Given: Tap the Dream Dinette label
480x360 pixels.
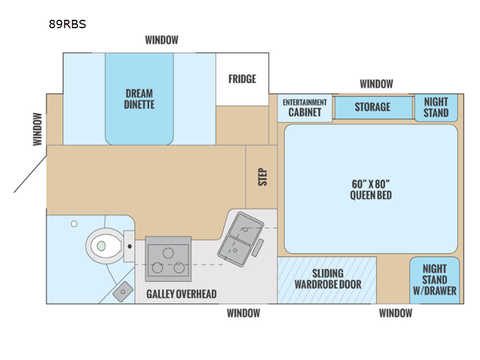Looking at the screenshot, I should pyautogui.click(x=140, y=99).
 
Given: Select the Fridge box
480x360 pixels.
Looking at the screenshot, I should pyautogui.click(x=242, y=79).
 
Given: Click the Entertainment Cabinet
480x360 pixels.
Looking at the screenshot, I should pyautogui.click(x=305, y=107).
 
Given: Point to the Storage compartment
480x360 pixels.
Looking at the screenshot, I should pyautogui.click(x=373, y=107).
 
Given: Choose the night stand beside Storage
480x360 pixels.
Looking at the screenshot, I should pyautogui.click(x=436, y=107).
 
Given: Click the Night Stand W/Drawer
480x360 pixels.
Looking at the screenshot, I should pyautogui.click(x=435, y=280).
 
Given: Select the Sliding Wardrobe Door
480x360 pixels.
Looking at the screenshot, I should pyautogui.click(x=328, y=279).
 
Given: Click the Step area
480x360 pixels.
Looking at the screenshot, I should pyautogui.click(x=262, y=176).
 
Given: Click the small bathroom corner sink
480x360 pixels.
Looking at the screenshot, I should pyautogui.click(x=123, y=291).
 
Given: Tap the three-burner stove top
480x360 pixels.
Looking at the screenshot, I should pyautogui.click(x=168, y=258).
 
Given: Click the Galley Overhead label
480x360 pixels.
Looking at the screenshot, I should pyautogui.click(x=181, y=294).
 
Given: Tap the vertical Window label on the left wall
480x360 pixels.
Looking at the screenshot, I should pyautogui.click(x=37, y=129).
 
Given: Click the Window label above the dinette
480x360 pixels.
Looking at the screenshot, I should pyautogui.click(x=161, y=40).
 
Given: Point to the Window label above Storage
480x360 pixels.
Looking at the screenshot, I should pyautogui.click(x=376, y=84).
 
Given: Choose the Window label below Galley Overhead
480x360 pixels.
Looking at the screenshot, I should pyautogui.click(x=243, y=313).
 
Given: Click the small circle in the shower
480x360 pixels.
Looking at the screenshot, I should pyautogui.click(x=74, y=224).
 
